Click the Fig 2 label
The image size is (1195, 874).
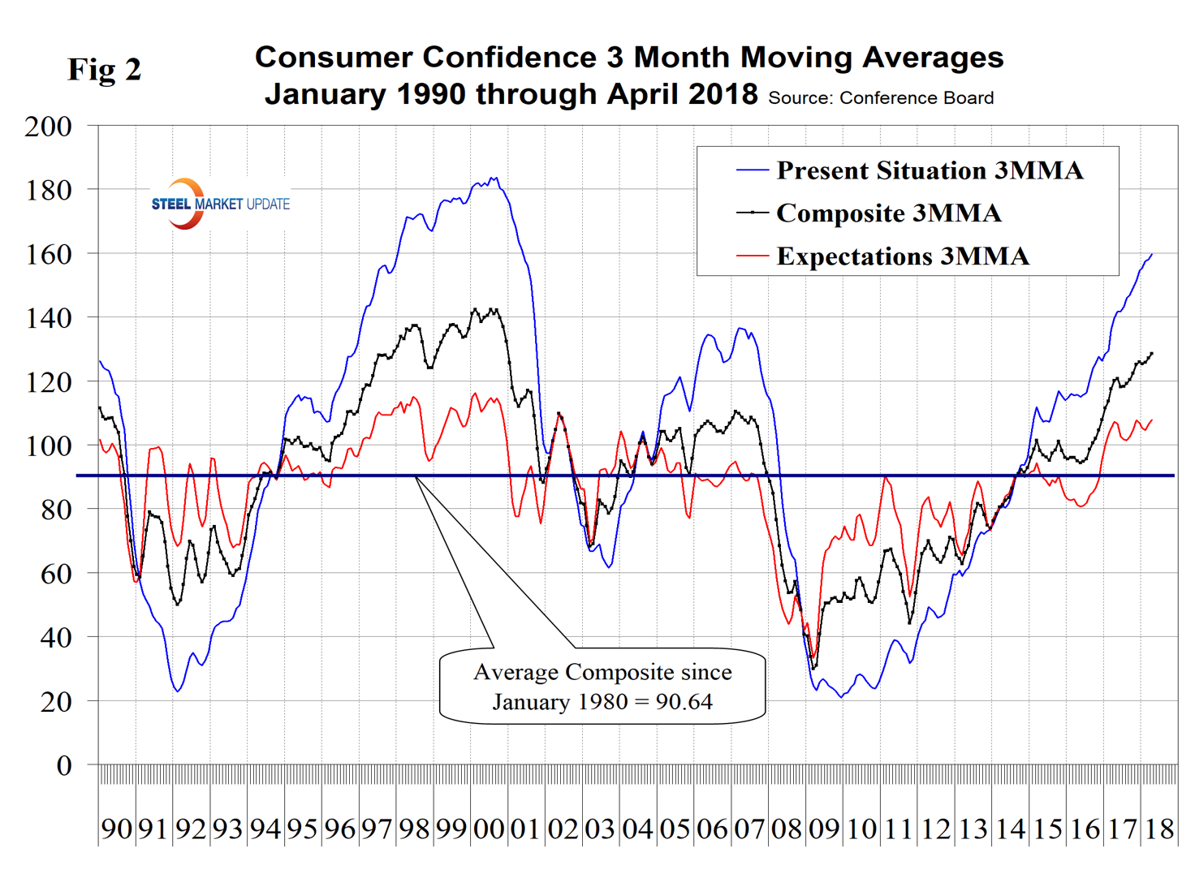[104, 70]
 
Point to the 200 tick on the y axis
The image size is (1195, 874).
[48, 127]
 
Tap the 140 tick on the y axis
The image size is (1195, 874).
[48, 318]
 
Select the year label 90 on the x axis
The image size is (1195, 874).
[116, 829]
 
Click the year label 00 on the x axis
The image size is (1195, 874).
[489, 829]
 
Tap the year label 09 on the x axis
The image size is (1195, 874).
[824, 829]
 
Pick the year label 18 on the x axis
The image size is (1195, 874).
[1159, 829]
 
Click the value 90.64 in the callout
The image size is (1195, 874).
[684, 701]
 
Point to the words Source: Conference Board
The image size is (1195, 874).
[881, 98]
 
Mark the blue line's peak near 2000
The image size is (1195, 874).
[494, 178]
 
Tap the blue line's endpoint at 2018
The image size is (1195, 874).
[1152, 254]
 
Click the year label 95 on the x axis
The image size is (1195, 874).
[302, 829]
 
